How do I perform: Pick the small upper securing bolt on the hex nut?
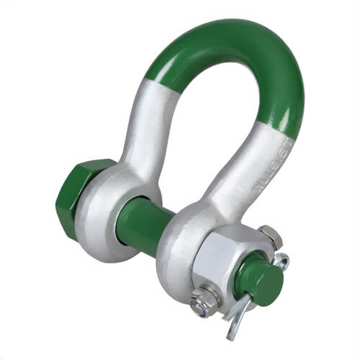coord(270,234)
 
